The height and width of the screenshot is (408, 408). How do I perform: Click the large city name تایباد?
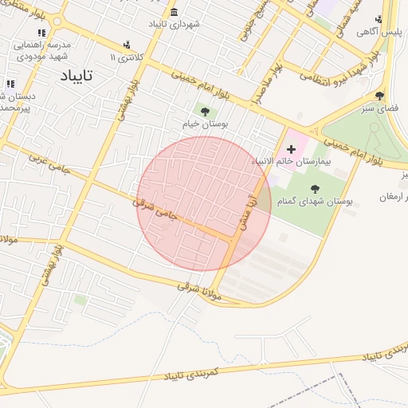pyautogui.click(x=76, y=76)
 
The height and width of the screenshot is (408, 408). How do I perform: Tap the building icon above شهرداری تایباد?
pyautogui.click(x=175, y=11)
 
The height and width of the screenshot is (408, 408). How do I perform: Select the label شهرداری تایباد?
pyautogui.click(x=175, y=25)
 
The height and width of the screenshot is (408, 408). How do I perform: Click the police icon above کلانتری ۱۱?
pyautogui.click(x=127, y=45)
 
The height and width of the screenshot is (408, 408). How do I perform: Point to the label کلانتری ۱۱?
pyautogui.click(x=127, y=58)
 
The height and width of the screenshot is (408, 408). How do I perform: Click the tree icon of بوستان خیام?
pyautogui.click(x=206, y=112)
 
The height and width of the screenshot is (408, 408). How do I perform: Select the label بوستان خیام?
pyautogui.click(x=206, y=125)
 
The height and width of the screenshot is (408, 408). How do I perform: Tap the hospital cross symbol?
pyautogui.click(x=291, y=148)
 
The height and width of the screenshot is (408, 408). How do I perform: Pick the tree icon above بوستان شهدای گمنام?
pyautogui.click(x=315, y=189)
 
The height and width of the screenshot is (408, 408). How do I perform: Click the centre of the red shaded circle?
pyautogui.click(x=205, y=203)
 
